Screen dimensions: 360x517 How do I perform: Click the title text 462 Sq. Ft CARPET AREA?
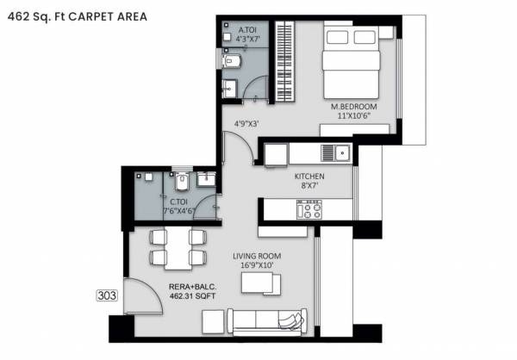point(76,16)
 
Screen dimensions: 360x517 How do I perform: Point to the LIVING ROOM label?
point(257,256)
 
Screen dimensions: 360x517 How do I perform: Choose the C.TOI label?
point(179,202)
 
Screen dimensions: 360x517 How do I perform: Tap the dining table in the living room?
point(178,246)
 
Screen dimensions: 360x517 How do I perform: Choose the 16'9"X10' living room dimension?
point(257,266)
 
